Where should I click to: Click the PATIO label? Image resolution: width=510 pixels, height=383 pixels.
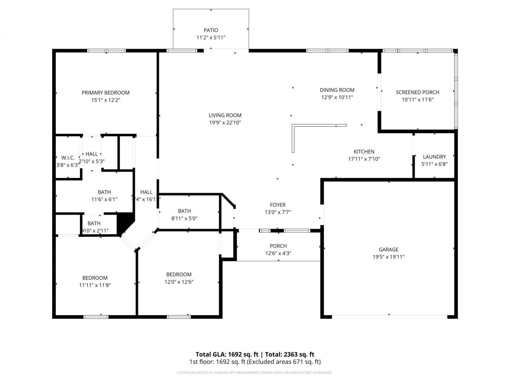[211, 30]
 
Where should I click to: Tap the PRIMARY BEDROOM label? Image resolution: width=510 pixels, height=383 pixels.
[106, 93]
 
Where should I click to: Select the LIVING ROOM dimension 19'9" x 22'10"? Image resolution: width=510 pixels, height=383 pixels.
[225, 123]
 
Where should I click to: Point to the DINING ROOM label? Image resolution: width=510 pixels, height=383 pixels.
[337, 90]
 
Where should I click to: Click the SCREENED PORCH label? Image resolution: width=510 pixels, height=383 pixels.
[418, 92]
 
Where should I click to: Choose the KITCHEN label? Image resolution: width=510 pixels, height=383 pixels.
[364, 152]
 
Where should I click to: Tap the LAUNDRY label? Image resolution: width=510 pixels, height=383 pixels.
[434, 157]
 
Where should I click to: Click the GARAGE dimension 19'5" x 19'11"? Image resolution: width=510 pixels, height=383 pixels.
[388, 257]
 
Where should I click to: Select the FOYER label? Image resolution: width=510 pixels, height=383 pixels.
[278, 205]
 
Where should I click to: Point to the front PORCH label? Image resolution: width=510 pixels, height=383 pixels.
[278, 246]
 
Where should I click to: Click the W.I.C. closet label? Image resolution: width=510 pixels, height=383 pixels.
[68, 158]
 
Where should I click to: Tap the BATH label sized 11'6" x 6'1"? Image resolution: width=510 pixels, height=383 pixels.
[104, 192]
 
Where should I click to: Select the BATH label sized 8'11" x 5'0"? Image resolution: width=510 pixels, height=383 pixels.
[184, 211]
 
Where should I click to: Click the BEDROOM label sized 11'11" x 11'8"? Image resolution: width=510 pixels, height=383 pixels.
[95, 278]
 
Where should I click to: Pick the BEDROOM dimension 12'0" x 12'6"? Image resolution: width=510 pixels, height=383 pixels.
[179, 282]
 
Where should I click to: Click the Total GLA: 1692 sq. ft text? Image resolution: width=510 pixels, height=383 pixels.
[227, 354]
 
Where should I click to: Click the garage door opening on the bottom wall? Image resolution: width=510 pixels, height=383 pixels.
[389, 317]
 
